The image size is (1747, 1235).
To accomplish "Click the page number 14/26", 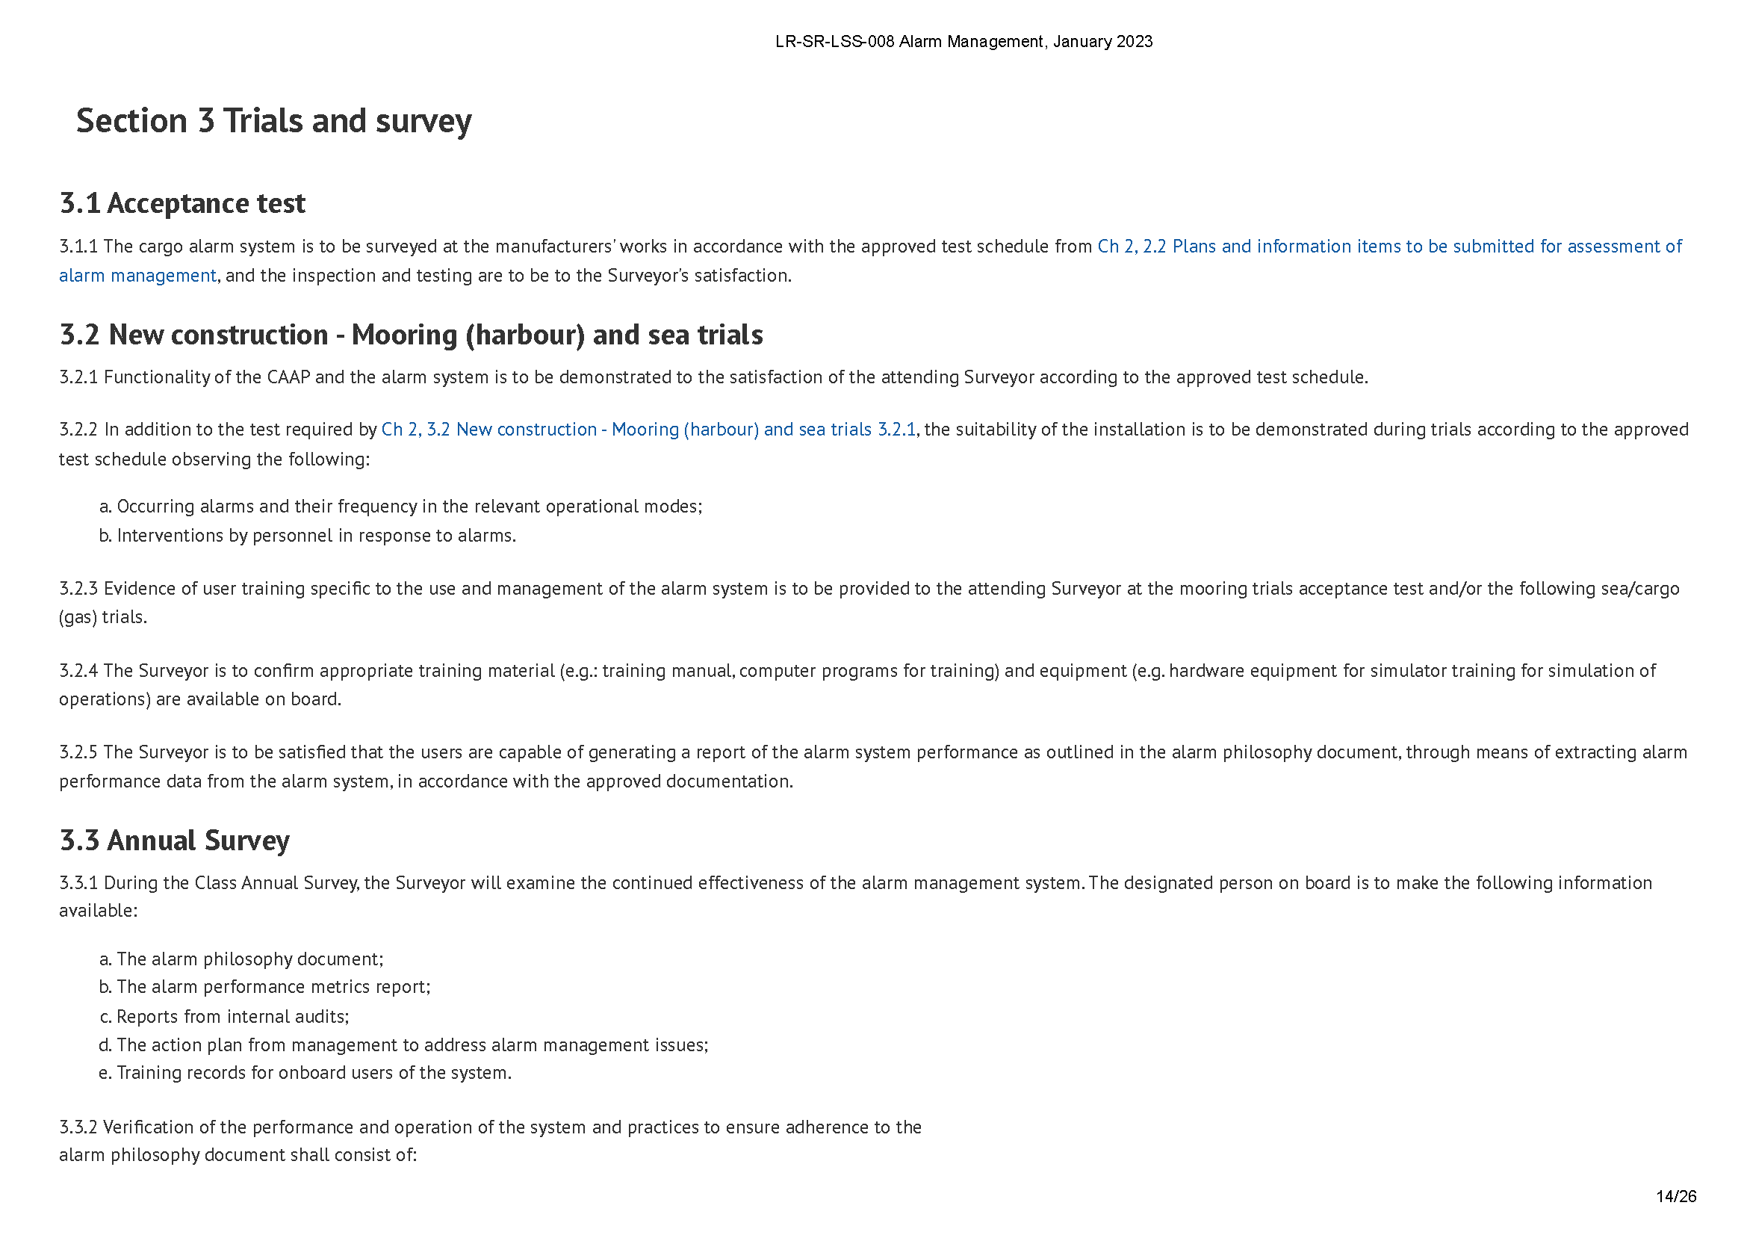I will (1675, 1195).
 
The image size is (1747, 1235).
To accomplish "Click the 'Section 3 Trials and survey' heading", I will (274, 121).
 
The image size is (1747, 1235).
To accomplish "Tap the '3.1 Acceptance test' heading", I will (182, 203).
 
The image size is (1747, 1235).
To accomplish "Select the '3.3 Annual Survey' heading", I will (174, 840).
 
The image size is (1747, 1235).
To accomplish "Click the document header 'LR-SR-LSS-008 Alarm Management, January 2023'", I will (964, 42).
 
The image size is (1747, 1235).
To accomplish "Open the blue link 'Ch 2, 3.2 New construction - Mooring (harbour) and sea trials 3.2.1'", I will (648, 430).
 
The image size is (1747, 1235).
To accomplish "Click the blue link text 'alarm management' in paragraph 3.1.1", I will (137, 276).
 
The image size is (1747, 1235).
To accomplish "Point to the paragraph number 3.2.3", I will (78, 588).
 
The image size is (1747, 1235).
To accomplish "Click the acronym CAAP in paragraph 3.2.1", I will (288, 377).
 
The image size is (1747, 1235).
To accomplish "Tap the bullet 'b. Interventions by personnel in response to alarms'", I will (308, 536).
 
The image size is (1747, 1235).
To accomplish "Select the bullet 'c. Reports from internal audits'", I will (225, 1017).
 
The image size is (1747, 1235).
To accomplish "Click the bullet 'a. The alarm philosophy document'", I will (241, 959).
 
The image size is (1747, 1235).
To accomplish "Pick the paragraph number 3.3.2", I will (78, 1127).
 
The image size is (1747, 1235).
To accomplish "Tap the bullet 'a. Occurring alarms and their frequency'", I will (401, 507).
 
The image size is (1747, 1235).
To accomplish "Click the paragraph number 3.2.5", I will (78, 752).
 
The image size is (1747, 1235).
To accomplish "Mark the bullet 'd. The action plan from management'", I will (404, 1044).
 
